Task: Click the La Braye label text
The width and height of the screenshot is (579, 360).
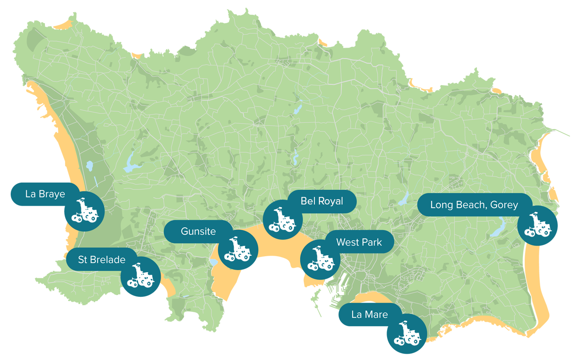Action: point(45,194)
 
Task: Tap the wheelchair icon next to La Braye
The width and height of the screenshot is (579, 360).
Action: point(85,211)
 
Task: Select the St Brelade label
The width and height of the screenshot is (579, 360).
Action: point(102,260)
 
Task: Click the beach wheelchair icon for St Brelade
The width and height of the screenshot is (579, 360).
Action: point(140,276)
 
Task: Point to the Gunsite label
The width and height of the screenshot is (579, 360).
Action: point(198,232)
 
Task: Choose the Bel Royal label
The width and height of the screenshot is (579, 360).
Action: point(322,201)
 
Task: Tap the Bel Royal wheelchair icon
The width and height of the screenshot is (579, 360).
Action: point(282,220)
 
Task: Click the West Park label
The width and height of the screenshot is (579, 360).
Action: point(359,242)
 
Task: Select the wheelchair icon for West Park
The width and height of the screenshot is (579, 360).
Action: point(320,259)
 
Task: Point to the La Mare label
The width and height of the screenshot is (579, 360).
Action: point(369,315)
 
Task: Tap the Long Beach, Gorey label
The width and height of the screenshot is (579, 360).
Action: point(474,205)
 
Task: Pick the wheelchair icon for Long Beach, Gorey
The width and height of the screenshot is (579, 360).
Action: point(538,225)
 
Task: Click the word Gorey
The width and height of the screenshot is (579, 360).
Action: point(502,205)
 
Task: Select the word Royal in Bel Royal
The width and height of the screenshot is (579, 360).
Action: point(331,201)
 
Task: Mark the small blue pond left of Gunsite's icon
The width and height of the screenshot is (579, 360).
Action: point(213,262)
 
